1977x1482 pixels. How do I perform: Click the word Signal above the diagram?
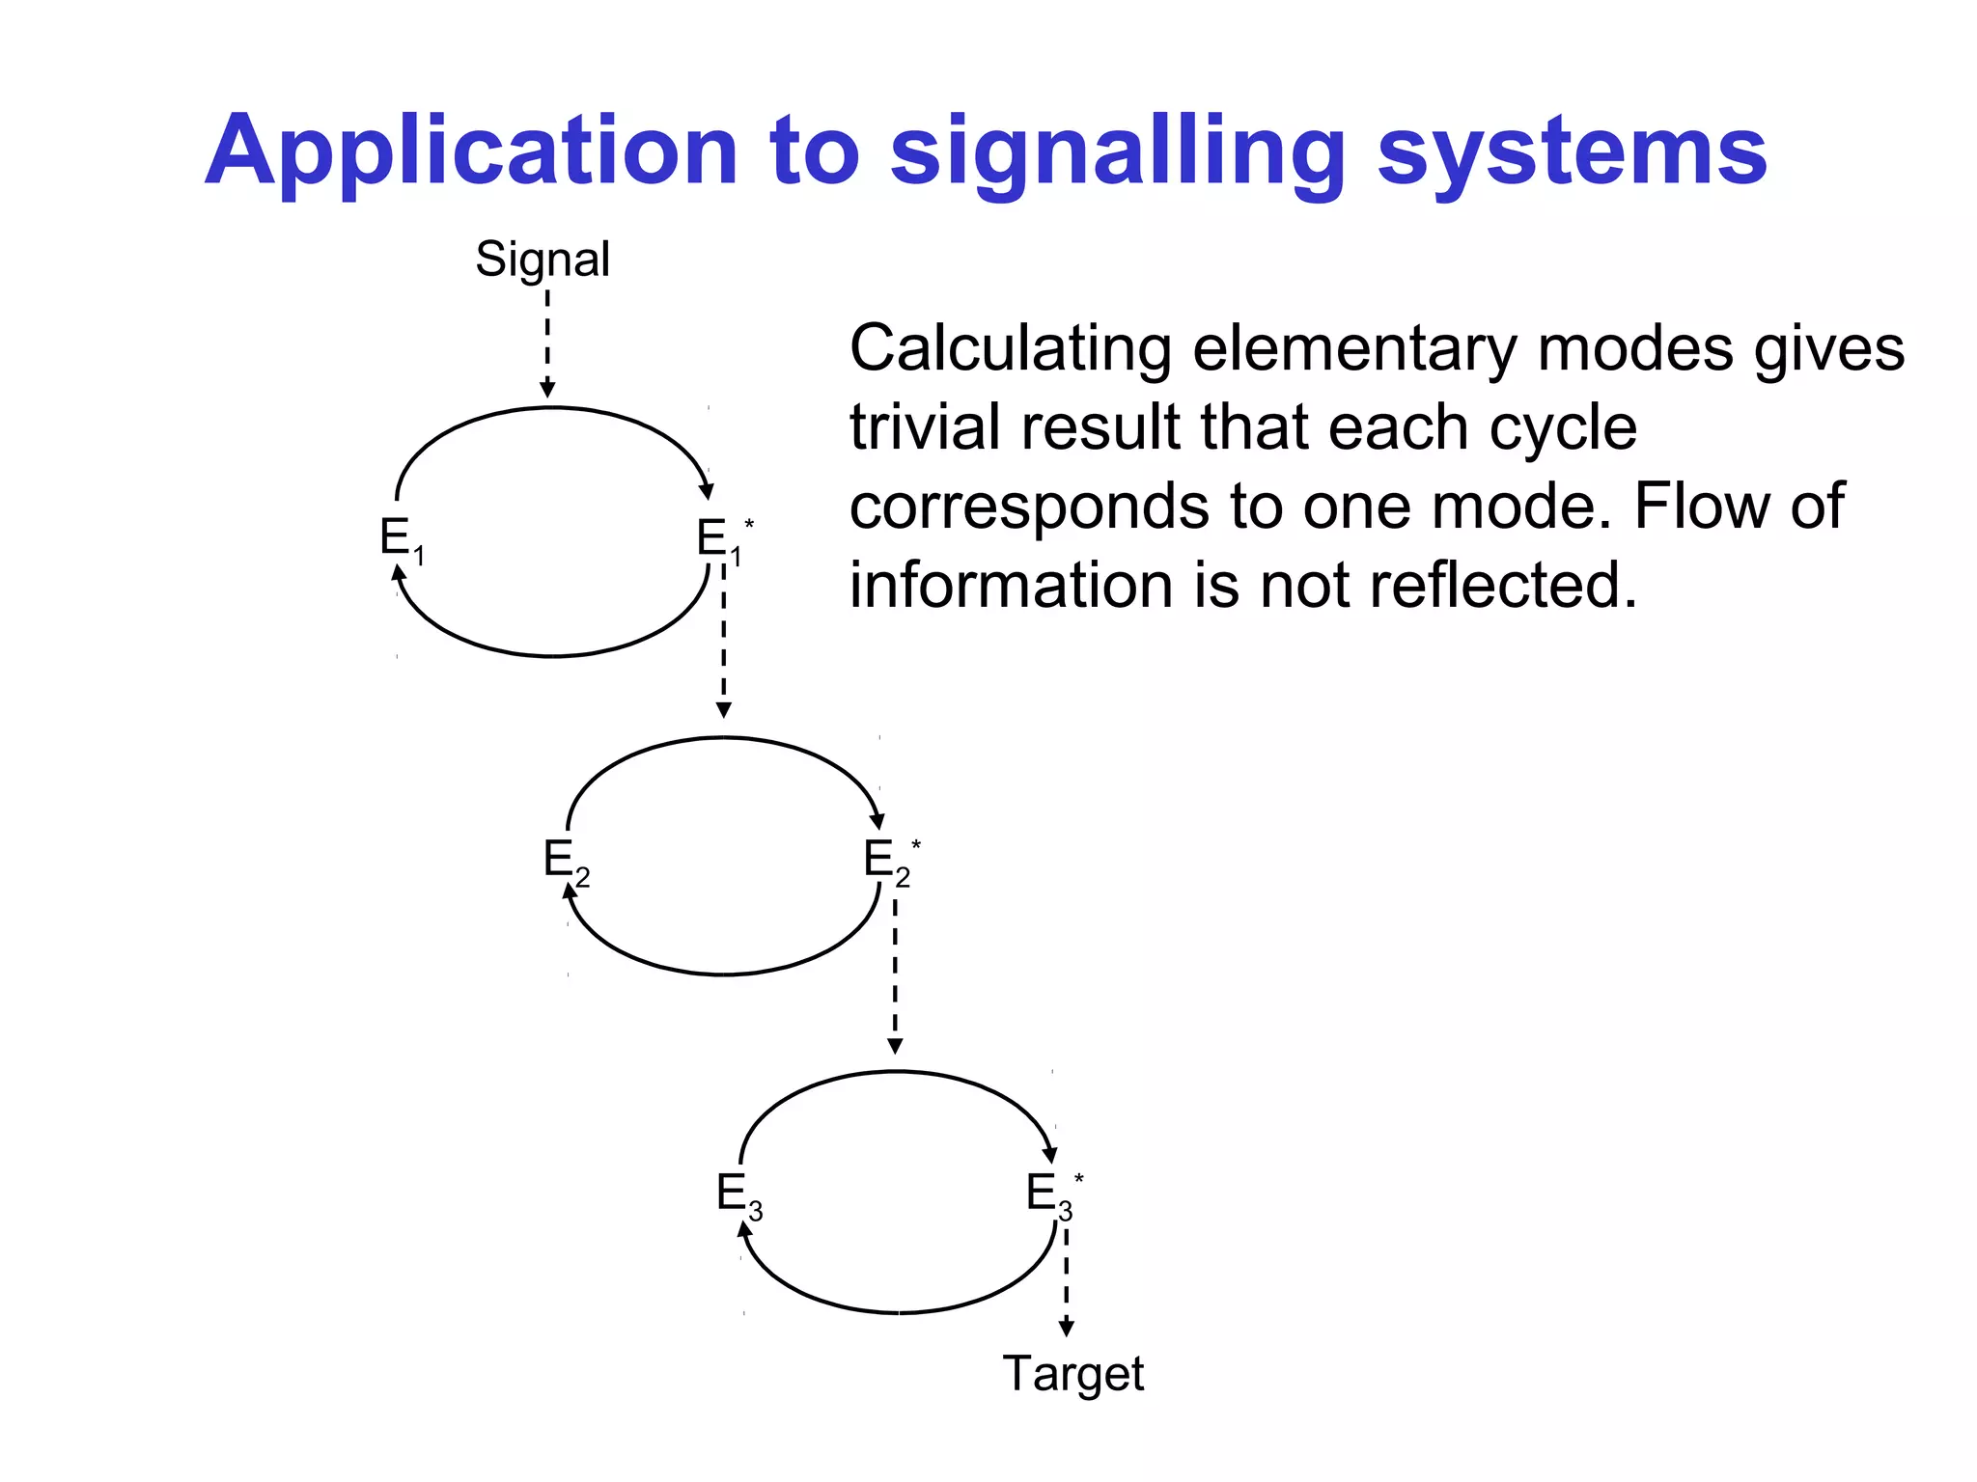click(542, 259)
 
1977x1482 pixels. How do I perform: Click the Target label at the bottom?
click(1072, 1372)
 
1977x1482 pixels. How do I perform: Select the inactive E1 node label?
click(400, 538)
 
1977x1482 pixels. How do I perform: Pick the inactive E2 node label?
click(565, 860)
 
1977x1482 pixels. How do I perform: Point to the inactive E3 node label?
click(738, 1194)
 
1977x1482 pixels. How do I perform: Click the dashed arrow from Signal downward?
click(547, 343)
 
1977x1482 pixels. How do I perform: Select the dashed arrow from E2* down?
click(895, 974)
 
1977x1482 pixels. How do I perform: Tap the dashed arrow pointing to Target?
click(1066, 1283)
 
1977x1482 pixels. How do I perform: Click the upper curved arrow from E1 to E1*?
click(552, 408)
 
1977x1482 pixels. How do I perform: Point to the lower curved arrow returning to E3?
click(898, 1312)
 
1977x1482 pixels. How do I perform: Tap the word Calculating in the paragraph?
click(1010, 348)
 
